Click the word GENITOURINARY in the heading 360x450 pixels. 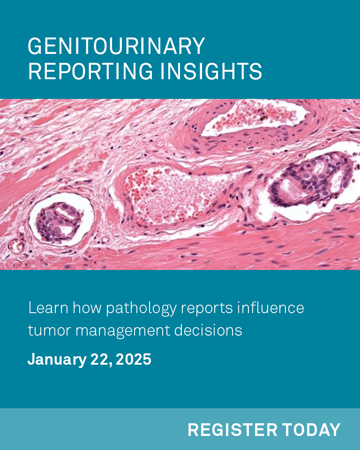(116, 47)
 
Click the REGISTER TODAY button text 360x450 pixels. (264, 430)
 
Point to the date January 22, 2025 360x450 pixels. (89, 360)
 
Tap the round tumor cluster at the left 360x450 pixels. (60, 220)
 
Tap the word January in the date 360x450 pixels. (56, 360)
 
